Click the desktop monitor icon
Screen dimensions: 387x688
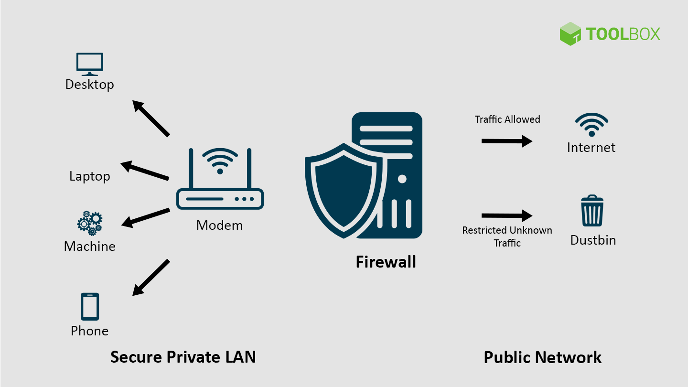pyautogui.click(x=90, y=64)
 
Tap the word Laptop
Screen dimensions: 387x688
pyautogui.click(x=90, y=176)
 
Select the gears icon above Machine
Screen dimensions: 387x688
pyautogui.click(x=90, y=223)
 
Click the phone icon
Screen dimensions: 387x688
pyautogui.click(x=90, y=306)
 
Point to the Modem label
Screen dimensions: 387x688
pyautogui.click(x=219, y=225)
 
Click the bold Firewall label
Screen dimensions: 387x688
pyautogui.click(x=386, y=262)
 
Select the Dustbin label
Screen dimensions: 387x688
pyautogui.click(x=593, y=240)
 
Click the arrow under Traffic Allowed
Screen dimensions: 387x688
pyautogui.click(x=506, y=141)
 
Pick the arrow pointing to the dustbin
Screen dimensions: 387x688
pyautogui.click(x=506, y=215)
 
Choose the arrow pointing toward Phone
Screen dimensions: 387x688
pyautogui.click(x=151, y=278)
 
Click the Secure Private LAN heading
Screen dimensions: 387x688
pyautogui.click(x=183, y=357)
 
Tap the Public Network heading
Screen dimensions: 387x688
pyautogui.click(x=542, y=357)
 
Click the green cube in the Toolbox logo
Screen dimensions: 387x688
pyautogui.click(x=570, y=34)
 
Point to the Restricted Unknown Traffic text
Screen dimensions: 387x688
pyautogui.click(x=507, y=236)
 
